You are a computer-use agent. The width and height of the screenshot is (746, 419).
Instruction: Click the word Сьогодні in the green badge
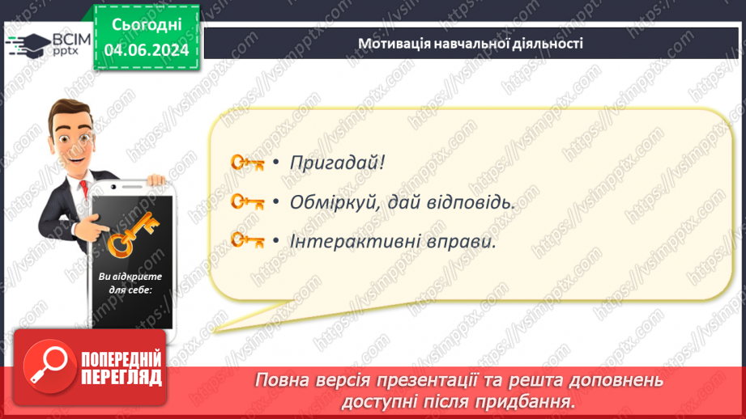tap(147, 25)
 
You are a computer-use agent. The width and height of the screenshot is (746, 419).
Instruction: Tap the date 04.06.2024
tap(147, 50)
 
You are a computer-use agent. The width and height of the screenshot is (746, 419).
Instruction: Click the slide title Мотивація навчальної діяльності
tap(470, 44)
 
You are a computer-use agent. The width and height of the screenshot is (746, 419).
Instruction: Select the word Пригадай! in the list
tap(337, 163)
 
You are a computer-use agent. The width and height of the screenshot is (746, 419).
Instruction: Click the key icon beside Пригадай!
tap(247, 163)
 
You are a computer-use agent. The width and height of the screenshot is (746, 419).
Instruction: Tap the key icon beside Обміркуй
tap(247, 202)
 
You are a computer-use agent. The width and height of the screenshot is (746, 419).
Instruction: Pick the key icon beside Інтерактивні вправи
tap(247, 240)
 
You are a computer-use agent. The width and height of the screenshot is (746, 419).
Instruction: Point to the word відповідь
tap(469, 202)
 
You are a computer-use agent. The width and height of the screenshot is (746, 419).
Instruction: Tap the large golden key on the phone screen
tap(132, 235)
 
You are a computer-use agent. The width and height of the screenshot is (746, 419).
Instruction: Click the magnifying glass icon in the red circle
tap(49, 366)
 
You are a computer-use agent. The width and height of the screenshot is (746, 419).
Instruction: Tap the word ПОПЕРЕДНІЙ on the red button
tap(121, 360)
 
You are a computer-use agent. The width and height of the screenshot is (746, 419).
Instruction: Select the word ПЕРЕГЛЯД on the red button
tap(121, 377)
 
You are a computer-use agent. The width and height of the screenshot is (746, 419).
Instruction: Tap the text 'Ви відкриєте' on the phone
tap(130, 277)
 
